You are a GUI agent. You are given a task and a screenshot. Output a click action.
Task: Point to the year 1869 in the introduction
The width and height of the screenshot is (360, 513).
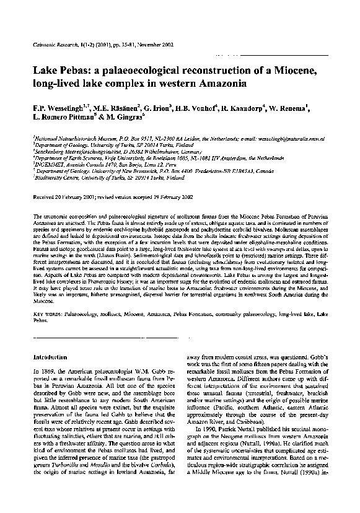tap(50, 370)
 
